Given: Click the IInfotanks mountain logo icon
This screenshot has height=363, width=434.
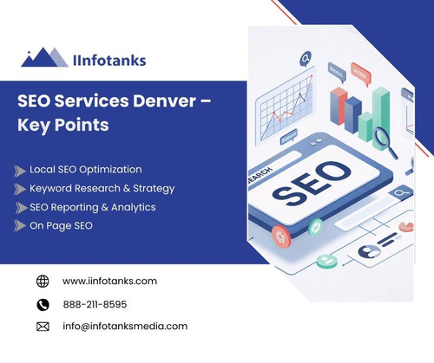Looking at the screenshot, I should pyautogui.click(x=43, y=57).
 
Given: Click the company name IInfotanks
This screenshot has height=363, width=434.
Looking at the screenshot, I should pyautogui.click(x=108, y=60).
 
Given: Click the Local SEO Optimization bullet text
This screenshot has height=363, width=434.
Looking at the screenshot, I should pyautogui.click(x=85, y=169).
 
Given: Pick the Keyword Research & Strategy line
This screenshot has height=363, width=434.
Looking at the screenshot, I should pyautogui.click(x=102, y=188).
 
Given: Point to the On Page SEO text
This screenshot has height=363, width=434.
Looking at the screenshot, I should pyautogui.click(x=61, y=225).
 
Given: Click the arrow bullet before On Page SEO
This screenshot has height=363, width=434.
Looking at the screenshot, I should pyautogui.click(x=20, y=226).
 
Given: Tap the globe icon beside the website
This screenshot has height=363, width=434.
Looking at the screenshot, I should pyautogui.click(x=43, y=281).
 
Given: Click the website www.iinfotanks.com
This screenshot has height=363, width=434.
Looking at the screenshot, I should pyautogui.click(x=109, y=281).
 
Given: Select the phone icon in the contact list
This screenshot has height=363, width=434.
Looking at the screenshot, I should pyautogui.click(x=43, y=304).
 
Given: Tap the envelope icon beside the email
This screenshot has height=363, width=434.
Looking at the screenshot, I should pyautogui.click(x=43, y=327).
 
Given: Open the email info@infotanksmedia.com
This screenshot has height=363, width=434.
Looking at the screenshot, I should pyautogui.click(x=125, y=326).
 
